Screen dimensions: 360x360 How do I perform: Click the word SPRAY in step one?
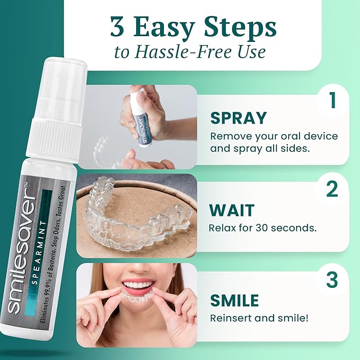pyautogui.click(x=238, y=117)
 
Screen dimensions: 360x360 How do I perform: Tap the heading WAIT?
pyautogui.click(x=232, y=210)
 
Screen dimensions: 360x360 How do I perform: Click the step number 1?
pyautogui.click(x=332, y=100)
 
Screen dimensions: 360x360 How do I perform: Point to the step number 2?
pyautogui.click(x=332, y=189)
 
